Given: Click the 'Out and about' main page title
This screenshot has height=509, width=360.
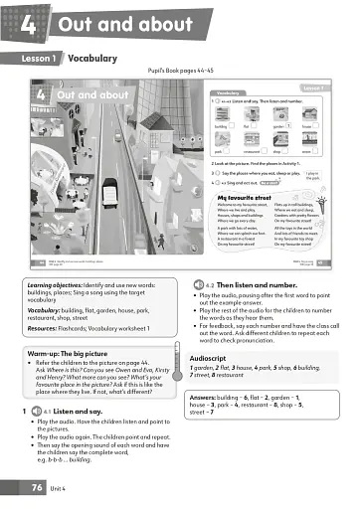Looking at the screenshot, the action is (x=120, y=24).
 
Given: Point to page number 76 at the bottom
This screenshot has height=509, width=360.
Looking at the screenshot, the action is (x=37, y=488).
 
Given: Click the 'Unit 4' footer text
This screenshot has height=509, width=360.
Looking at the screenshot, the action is (x=67, y=489).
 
